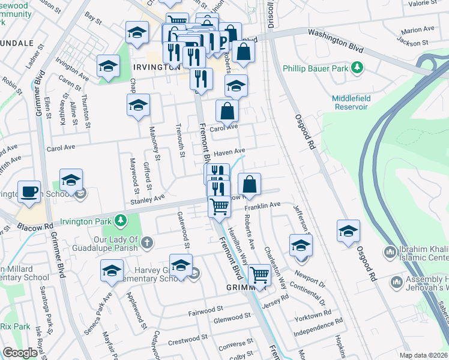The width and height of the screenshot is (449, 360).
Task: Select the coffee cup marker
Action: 29,192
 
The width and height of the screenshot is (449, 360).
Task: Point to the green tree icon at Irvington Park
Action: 121,220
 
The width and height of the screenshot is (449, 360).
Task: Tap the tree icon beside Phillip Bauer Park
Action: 358,66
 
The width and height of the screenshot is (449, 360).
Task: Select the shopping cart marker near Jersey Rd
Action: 259,275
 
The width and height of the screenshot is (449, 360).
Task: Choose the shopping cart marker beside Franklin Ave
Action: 220,206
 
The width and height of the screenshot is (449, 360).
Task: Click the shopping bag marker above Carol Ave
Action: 228,111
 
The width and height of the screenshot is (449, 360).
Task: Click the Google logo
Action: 20,353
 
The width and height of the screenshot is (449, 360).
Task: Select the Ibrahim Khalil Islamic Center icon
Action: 391,251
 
